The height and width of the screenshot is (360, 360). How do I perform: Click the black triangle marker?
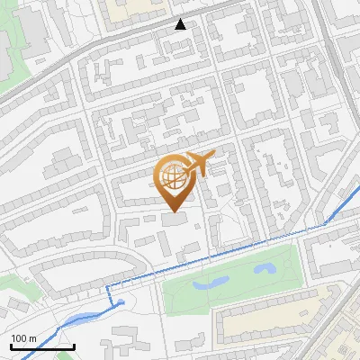coord(181,23)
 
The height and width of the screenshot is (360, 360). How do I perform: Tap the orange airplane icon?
coord(198,164)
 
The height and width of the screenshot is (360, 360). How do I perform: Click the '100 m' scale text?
coord(23,338)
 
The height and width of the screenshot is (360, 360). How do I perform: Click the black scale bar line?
coord(41,346)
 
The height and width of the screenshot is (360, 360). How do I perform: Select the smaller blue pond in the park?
coord(265,268)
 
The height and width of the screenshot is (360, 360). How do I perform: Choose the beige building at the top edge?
coord(135,9)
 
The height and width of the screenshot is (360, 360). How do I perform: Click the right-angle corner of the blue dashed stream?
coord(109,286)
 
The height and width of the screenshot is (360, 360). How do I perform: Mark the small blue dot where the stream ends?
coord(121,304)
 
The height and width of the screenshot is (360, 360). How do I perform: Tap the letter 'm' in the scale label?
coord(31,338)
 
